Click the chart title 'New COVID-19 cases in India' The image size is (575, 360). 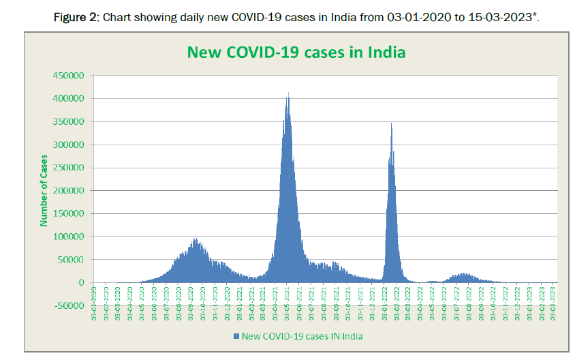pyautogui.click(x=296, y=52)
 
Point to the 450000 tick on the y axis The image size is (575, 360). pyautogui.click(x=67, y=76)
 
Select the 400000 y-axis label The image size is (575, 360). pyautogui.click(x=67, y=99)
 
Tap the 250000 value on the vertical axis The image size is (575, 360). pyautogui.click(x=67, y=168)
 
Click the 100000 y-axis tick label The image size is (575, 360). pyautogui.click(x=67, y=237)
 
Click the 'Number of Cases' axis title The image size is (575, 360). pyautogui.click(x=44, y=190)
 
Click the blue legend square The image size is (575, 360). pyautogui.click(x=236, y=336)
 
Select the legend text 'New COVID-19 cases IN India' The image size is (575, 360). pyautogui.click(x=302, y=336)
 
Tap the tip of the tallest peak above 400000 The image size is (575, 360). pyautogui.click(x=288, y=93)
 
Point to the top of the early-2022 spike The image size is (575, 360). pyautogui.click(x=391, y=123)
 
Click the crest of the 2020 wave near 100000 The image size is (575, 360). pyautogui.click(x=196, y=239)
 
